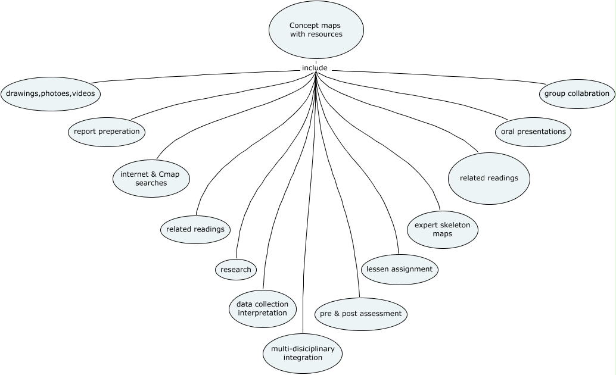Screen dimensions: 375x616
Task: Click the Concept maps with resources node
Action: pyautogui.click(x=316, y=30)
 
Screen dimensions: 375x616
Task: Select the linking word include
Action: pyautogui.click(x=315, y=68)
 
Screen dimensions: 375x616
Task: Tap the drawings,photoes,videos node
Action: pyautogui.click(x=51, y=93)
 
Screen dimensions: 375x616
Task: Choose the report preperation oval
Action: pyautogui.click(x=107, y=132)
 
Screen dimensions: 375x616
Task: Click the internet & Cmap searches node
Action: pyautogui.click(x=151, y=179)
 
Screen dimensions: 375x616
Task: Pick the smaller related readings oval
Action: pyautogui.click(x=195, y=229)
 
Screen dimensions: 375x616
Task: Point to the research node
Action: pyautogui.click(x=236, y=270)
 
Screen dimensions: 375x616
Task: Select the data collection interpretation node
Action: pyautogui.click(x=262, y=308)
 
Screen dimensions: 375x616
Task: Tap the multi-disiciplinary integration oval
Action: pyautogui.click(x=303, y=353)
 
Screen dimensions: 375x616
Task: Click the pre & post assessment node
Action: pyautogui.click(x=361, y=314)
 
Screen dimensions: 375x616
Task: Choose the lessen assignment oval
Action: pyautogui.click(x=400, y=269)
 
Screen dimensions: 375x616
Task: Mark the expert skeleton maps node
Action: pyautogui.click(x=443, y=229)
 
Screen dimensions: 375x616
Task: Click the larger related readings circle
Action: pyautogui.click(x=489, y=178)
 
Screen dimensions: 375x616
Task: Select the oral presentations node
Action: pyautogui.click(x=533, y=132)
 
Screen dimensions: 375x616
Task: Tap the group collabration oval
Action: pyautogui.click(x=577, y=93)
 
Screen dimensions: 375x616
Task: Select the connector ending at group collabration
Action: pyautogui.click(x=453, y=76)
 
